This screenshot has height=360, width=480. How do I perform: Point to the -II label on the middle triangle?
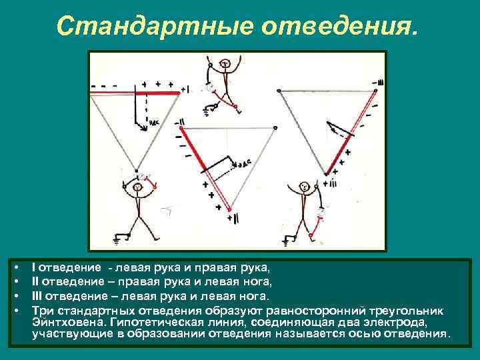[x=182, y=123]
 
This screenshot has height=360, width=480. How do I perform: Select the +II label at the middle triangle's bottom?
[x=229, y=217]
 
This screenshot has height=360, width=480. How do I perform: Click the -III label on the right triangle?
[x=379, y=83]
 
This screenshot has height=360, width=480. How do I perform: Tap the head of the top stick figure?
[x=225, y=63]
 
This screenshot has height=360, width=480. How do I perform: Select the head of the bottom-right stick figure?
[x=304, y=187]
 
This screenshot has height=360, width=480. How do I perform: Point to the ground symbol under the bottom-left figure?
[x=121, y=237]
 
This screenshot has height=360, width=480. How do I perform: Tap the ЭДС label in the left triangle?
[x=154, y=123]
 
